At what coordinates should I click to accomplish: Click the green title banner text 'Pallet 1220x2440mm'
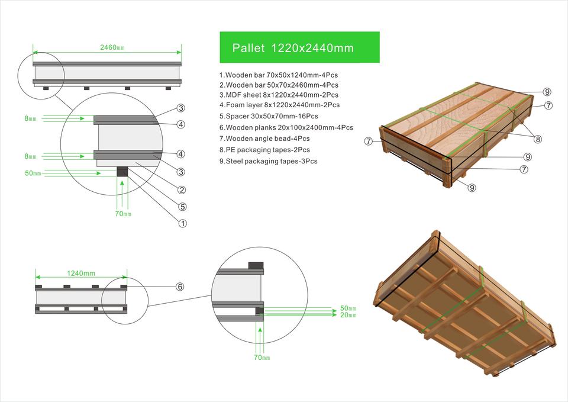(x=293, y=48)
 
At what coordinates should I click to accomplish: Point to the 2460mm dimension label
(x=112, y=47)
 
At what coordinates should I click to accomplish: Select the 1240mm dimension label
(x=81, y=273)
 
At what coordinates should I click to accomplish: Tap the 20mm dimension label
(x=348, y=316)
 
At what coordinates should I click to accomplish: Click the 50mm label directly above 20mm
(x=348, y=308)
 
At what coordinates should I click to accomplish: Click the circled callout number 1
(x=182, y=224)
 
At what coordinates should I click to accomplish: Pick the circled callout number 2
(x=182, y=190)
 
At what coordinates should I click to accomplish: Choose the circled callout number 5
(x=182, y=207)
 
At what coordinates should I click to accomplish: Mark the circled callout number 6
(x=180, y=287)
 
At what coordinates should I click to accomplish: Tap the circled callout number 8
(x=537, y=139)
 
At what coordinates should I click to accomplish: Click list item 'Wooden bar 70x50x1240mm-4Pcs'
(x=279, y=75)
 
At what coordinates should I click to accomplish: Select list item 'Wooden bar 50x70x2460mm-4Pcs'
(x=279, y=85)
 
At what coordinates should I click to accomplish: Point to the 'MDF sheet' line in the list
(x=279, y=95)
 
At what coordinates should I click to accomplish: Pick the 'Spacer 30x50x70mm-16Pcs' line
(x=269, y=116)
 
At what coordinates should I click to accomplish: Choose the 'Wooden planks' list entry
(x=286, y=127)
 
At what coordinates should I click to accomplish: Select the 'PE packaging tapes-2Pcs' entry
(x=264, y=150)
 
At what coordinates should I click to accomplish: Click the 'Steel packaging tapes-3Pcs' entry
(x=268, y=160)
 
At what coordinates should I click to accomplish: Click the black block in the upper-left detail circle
(x=122, y=172)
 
